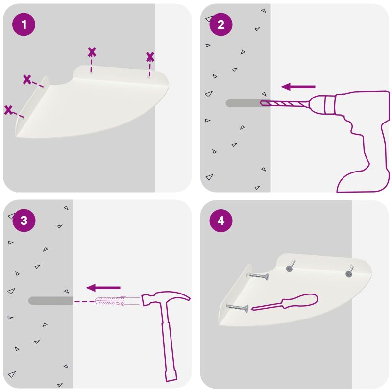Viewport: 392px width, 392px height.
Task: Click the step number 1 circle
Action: coord(24,24)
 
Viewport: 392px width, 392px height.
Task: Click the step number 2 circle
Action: coord(221,24)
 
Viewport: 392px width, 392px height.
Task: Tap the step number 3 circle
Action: coord(24,220)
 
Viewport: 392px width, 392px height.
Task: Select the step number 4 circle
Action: coord(221,221)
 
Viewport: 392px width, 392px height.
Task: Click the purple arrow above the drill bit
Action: coord(298,87)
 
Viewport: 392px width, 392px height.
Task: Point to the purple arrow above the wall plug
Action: coord(103,288)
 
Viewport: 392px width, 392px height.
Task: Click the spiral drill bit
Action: coord(284,103)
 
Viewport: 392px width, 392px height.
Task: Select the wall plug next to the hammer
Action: coord(117,301)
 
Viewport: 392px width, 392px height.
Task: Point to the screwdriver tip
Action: coord(252,309)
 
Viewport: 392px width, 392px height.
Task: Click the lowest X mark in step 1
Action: coord(8,110)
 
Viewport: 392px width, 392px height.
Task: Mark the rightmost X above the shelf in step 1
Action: coord(150,57)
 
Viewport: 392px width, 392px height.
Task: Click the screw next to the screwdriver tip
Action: coord(237,308)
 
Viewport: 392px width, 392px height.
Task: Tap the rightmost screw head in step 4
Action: coord(349,274)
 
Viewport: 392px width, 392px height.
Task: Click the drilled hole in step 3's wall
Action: coord(51,301)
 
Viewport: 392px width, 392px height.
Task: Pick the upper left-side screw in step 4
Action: coord(258,276)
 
